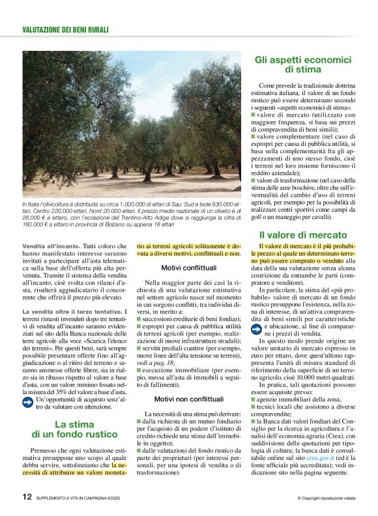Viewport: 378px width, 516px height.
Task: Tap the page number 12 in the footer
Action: pyautogui.click(x=27, y=496)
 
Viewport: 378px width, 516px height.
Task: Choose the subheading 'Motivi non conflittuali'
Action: pyautogui.click(x=188, y=399)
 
